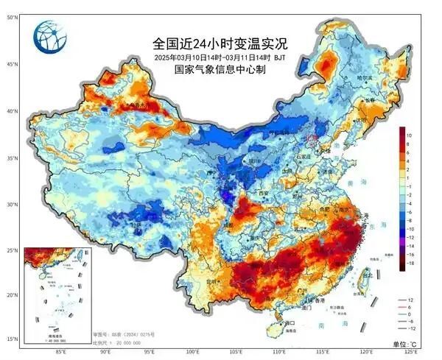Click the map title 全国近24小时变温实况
(x=220, y=44)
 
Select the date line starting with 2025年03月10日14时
(x=220, y=57)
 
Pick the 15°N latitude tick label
(x=12, y=339)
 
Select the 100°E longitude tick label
(x=192, y=353)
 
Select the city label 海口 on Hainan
(x=290, y=322)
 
